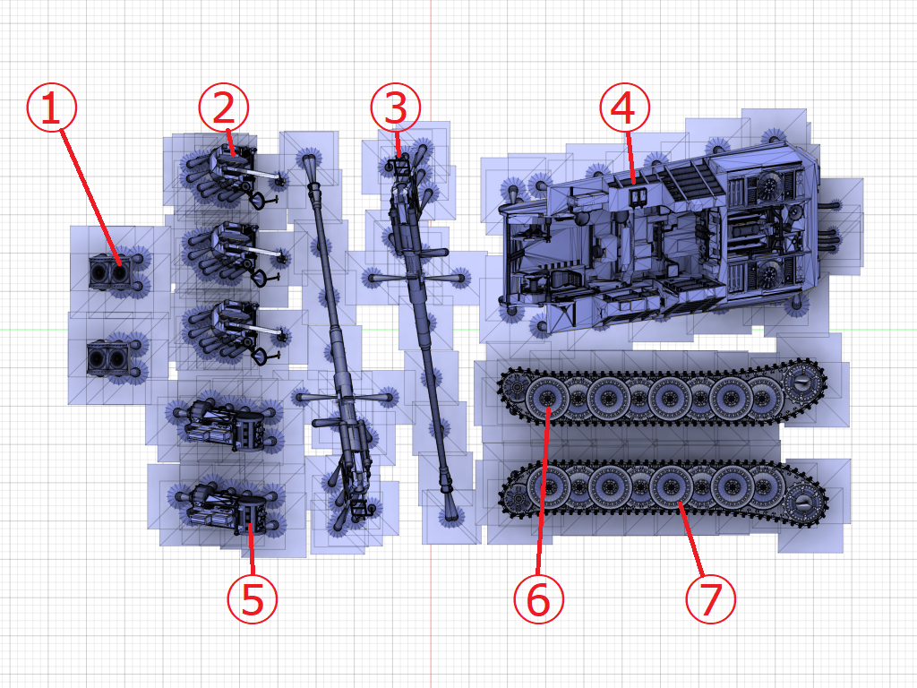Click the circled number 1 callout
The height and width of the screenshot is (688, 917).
[x=51, y=107]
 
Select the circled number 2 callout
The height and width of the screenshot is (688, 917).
[x=223, y=107]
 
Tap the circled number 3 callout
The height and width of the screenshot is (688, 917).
[x=395, y=107]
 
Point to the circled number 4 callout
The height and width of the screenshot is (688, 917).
[x=624, y=107]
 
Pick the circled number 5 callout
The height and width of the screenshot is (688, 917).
[x=252, y=599]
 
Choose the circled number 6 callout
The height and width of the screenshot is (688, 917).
[x=538, y=599]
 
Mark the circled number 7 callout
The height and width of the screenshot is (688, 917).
[x=710, y=599]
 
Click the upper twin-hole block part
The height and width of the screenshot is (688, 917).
[x=110, y=272]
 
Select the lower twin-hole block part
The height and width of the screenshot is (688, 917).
[x=108, y=358]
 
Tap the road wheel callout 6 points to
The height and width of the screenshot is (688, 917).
[x=547, y=398]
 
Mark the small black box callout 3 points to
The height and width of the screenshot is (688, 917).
[x=401, y=167]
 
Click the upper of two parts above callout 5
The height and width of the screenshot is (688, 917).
[x=225, y=423]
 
